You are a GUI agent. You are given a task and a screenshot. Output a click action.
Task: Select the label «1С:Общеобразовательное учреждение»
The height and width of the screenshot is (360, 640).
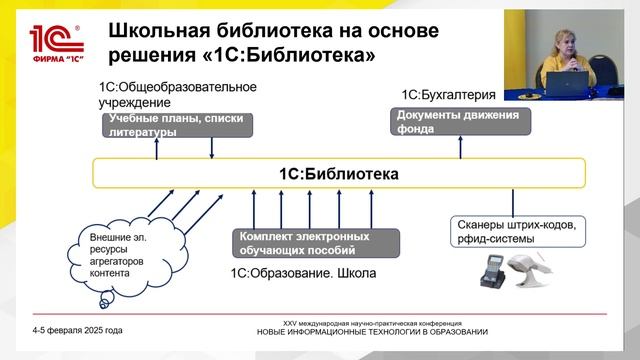point(177,94)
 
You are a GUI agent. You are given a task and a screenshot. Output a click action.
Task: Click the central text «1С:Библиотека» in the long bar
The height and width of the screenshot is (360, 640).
point(338,174)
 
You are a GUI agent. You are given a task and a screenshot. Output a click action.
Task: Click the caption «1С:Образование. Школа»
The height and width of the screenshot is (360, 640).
point(303,271)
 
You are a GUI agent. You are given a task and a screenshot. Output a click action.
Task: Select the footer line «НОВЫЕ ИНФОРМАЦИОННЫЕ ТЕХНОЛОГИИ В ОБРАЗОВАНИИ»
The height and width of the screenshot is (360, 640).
point(372,331)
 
